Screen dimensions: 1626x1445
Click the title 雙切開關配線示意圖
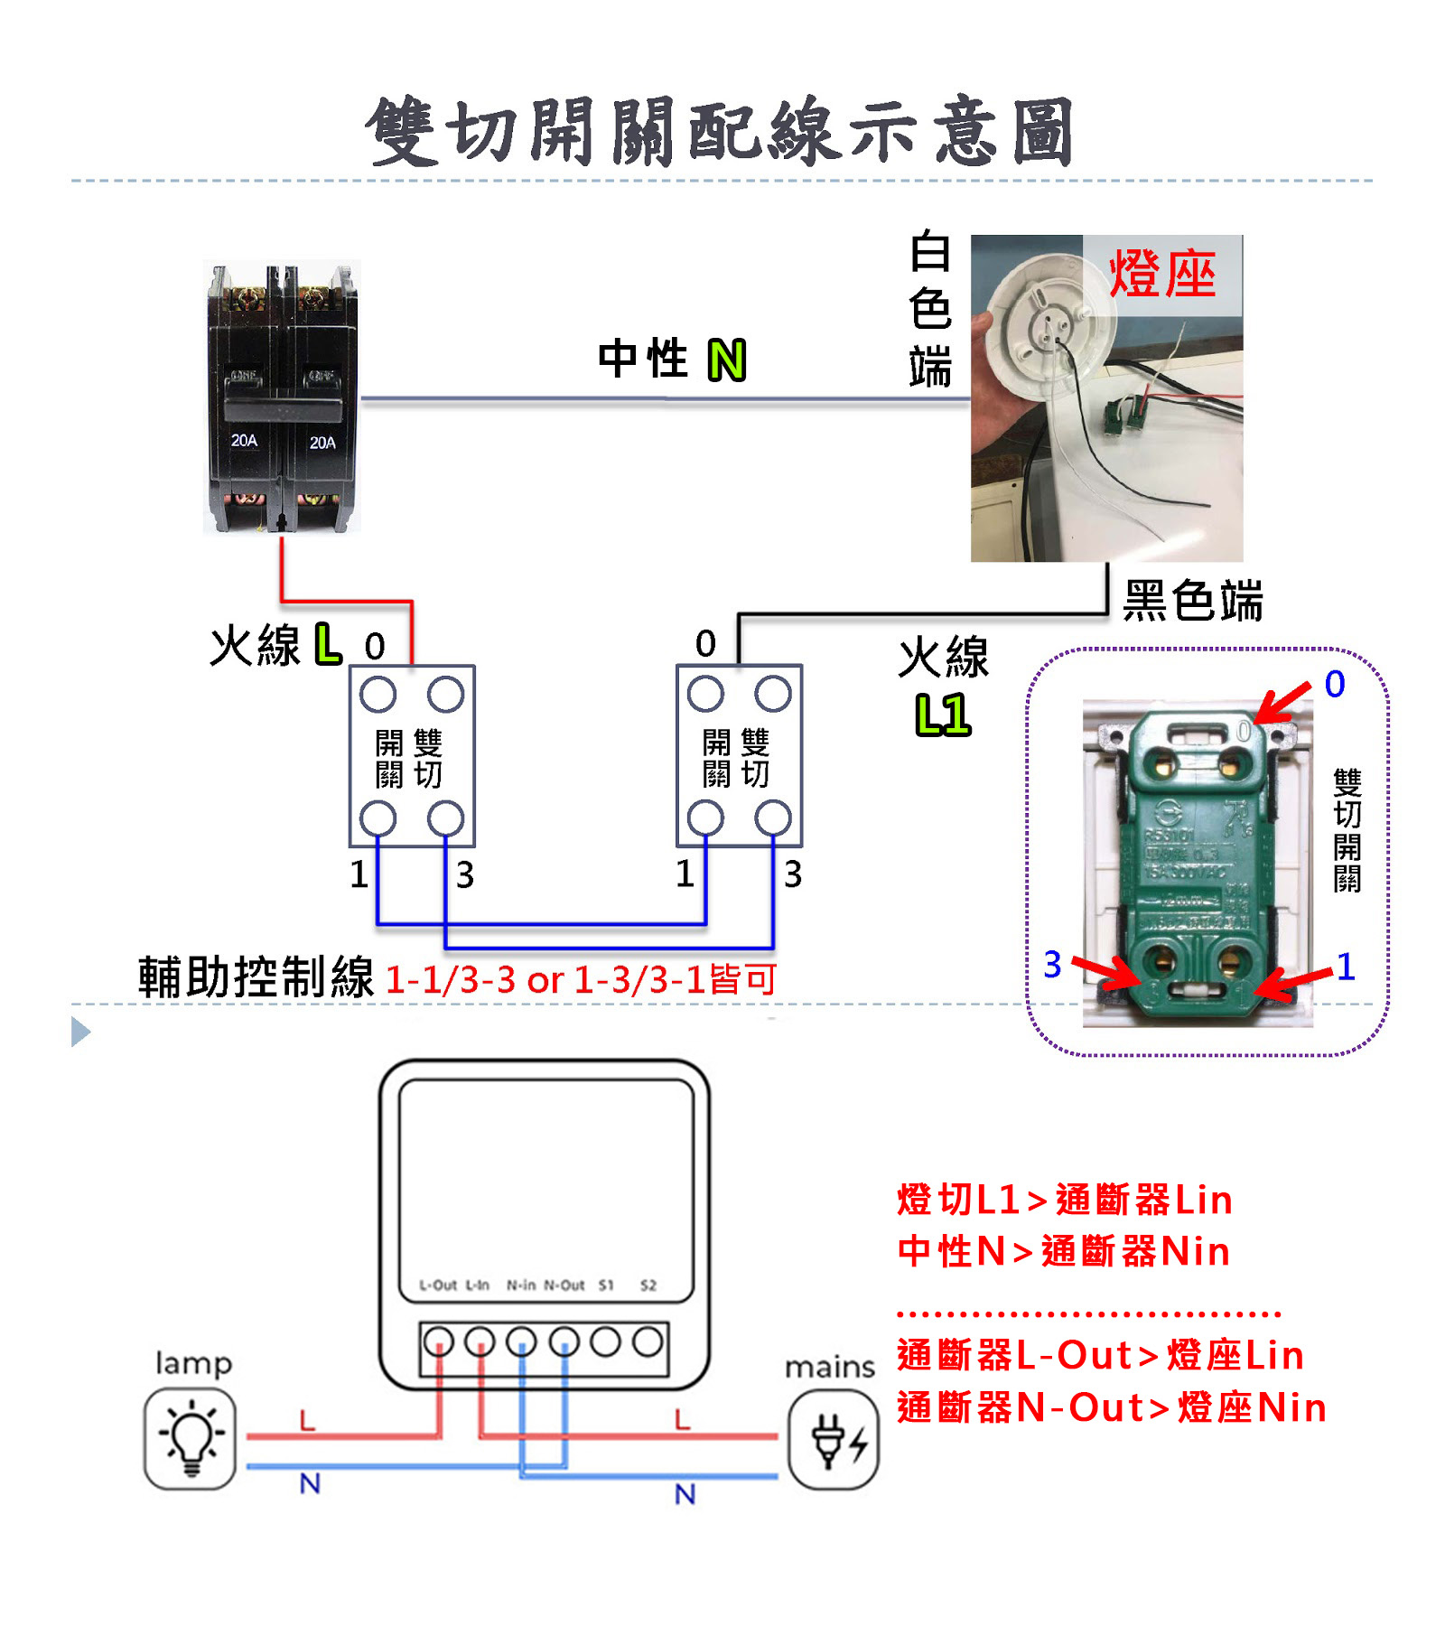click(720, 133)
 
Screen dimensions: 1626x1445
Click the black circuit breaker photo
click(282, 397)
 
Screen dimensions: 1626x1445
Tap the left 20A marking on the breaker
click(244, 440)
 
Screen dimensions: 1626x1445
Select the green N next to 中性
click(727, 360)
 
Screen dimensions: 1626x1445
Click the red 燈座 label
click(1162, 273)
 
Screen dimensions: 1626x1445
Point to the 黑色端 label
click(1192, 601)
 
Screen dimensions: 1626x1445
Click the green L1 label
click(943, 715)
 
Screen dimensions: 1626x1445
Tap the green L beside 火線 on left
click(328, 644)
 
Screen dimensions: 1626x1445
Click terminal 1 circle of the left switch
click(378, 818)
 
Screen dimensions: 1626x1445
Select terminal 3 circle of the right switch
click(773, 818)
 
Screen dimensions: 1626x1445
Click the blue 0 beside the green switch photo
click(1335, 684)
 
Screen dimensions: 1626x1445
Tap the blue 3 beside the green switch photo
click(1052, 965)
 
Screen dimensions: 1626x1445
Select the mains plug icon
click(833, 1438)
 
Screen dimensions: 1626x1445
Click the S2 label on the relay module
click(648, 1285)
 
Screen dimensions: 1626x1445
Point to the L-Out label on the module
click(438, 1285)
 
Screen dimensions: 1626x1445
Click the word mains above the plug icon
click(829, 1368)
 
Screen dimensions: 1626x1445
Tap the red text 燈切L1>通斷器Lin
click(1064, 1200)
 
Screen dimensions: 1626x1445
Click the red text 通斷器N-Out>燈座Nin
click(1111, 1407)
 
